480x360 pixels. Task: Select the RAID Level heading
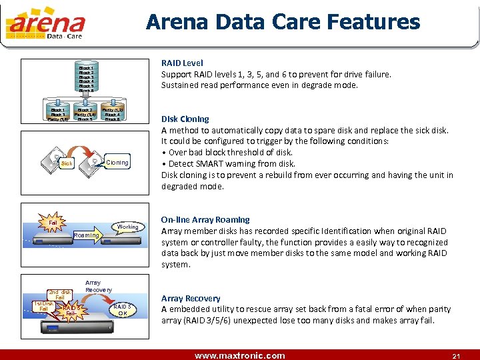coord(182,63)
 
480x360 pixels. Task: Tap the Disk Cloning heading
coord(185,119)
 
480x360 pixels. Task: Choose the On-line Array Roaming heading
coord(205,219)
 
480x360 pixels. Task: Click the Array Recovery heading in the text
coord(191,298)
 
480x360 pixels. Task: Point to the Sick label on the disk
coord(67,163)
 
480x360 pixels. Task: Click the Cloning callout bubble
coord(117,163)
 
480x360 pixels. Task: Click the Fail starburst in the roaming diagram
coord(53,221)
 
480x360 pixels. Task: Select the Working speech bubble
coord(127,227)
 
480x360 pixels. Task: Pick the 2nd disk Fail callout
coord(59,294)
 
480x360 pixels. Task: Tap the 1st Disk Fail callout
coord(43,306)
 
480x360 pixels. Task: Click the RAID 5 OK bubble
coord(122,309)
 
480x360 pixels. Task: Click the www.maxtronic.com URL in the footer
coord(239,355)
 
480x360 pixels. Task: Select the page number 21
coord(456,355)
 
